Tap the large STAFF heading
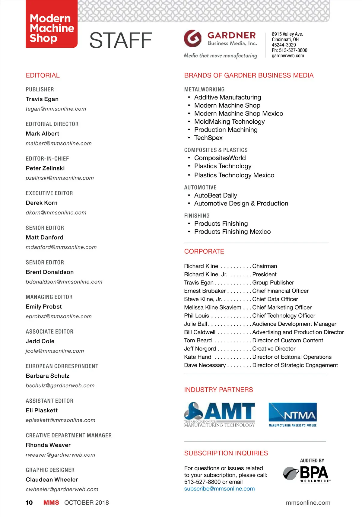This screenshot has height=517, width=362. coord(121,40)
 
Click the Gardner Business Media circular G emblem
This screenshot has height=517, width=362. coord(192,39)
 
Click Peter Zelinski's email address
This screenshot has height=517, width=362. coord(60,178)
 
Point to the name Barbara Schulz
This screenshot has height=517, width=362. coord(48,376)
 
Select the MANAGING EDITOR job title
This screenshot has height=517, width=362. coord(49,297)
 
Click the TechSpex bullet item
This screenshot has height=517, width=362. coord(208,138)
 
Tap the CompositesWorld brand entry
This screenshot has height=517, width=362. coord(220,158)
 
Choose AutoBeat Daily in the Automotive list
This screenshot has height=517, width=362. coord(215,195)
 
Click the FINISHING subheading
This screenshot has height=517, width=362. coord(197,216)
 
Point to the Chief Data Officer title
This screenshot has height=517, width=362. coord(275,299)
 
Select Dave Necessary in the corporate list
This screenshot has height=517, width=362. coord(205,365)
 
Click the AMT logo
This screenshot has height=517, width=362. coord(219,414)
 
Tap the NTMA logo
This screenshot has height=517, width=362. coord(293,414)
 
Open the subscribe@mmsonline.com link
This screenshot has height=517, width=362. coord(219,489)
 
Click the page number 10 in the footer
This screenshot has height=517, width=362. coord(29,503)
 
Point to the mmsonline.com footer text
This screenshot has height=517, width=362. coord(308,503)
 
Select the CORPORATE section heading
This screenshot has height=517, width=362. coord(204,252)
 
